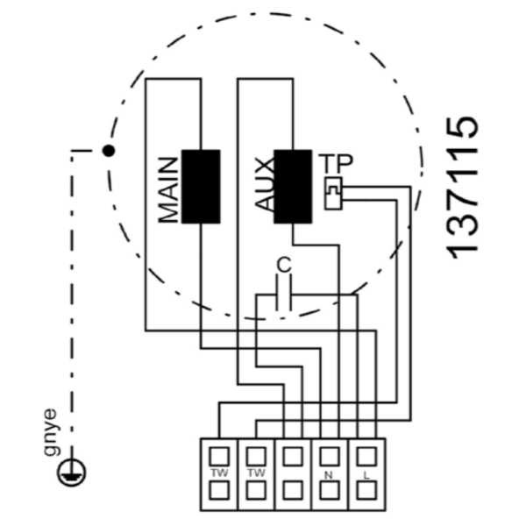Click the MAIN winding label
[x=168, y=190]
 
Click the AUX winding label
[x=265, y=185]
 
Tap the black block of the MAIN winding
[x=201, y=187]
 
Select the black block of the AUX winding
[x=293, y=187]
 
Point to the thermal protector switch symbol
[x=333, y=194]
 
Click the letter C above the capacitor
[x=284, y=265]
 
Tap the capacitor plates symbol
[x=284, y=293]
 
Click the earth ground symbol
[x=71, y=472]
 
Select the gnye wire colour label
[x=51, y=432]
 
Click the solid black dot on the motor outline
[x=109, y=151]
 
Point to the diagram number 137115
[x=462, y=188]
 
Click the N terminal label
[x=329, y=475]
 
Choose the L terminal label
[x=366, y=475]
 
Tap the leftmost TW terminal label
[x=219, y=473]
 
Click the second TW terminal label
[x=256, y=473]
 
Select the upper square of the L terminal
[x=366, y=457]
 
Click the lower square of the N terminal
[x=330, y=491]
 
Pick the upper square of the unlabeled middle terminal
[x=293, y=457]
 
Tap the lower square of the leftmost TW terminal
[x=219, y=491]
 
